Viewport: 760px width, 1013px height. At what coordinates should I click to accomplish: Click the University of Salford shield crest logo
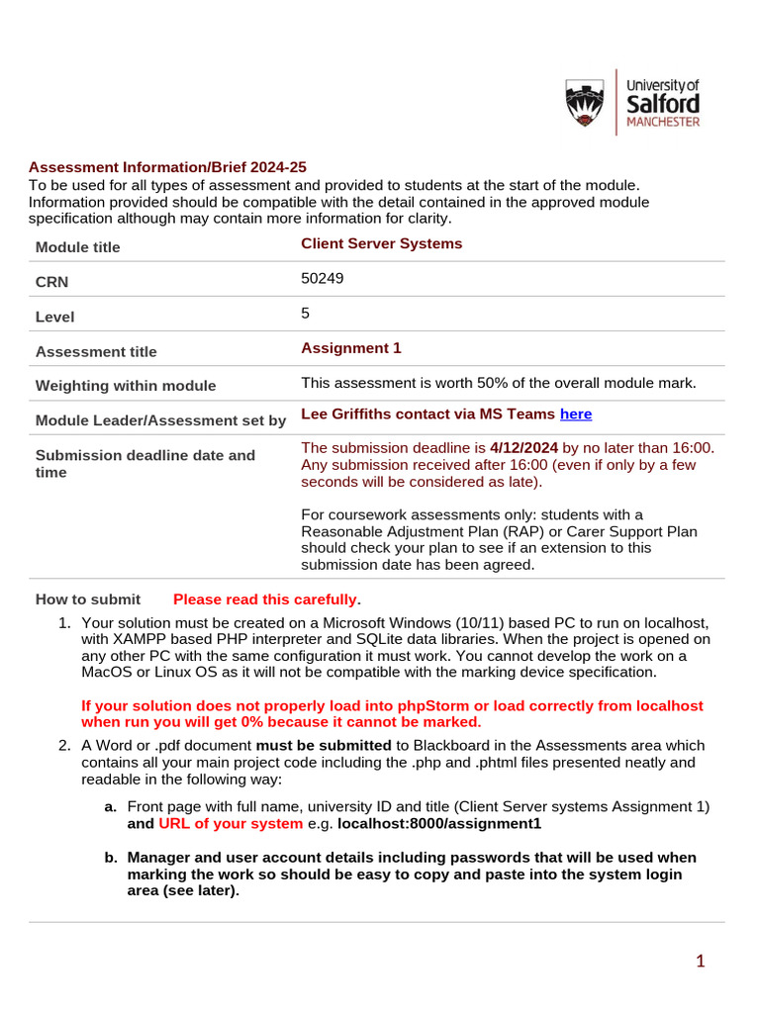tap(585, 103)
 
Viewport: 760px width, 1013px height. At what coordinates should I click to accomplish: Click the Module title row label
tap(77, 247)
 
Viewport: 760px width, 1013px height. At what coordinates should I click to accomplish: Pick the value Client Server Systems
tap(381, 243)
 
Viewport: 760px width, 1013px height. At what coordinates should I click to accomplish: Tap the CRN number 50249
tap(322, 279)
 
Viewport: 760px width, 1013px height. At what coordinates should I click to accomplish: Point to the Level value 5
tap(306, 313)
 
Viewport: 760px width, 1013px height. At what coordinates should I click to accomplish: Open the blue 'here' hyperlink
tap(576, 414)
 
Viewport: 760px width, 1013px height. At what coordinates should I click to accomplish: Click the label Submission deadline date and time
tap(144, 463)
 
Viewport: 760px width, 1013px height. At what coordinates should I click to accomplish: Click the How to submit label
tap(88, 599)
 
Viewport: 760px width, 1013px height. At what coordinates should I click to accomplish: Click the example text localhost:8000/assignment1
tap(439, 823)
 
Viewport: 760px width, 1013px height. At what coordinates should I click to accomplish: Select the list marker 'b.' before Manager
tap(111, 857)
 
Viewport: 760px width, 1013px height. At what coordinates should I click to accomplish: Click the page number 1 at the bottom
tap(700, 961)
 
